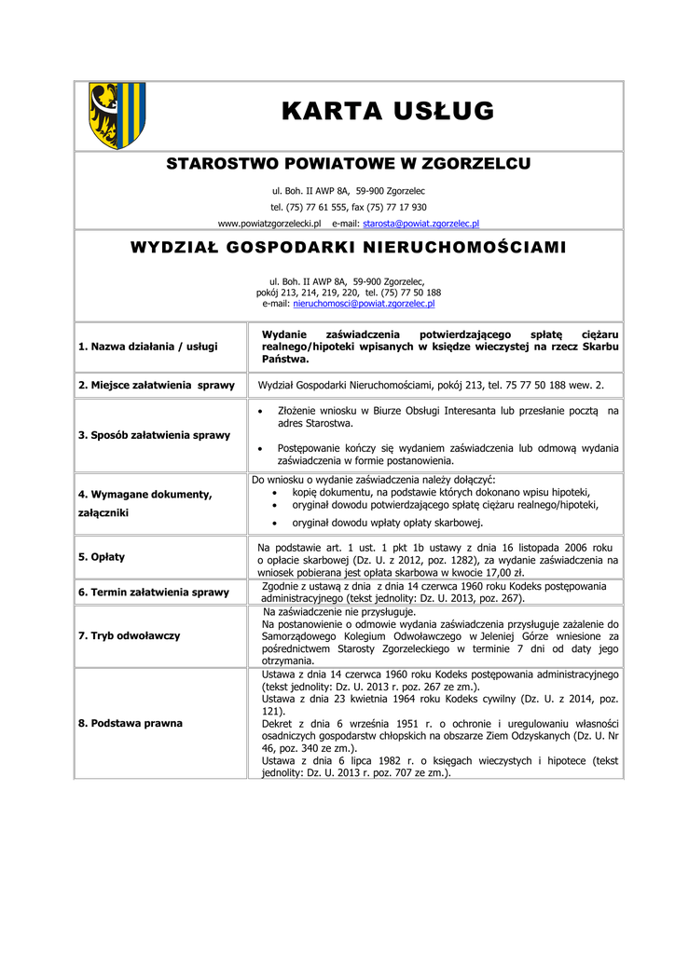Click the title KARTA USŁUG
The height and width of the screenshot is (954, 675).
tap(388, 112)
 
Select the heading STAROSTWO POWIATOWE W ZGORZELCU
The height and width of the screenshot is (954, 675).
tap(349, 165)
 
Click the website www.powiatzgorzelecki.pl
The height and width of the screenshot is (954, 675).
tap(269, 224)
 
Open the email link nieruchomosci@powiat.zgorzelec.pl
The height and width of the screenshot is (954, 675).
tap(364, 304)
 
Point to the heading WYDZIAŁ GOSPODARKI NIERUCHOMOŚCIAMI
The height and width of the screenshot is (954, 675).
tap(349, 249)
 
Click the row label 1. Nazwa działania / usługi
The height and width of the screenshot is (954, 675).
tap(148, 347)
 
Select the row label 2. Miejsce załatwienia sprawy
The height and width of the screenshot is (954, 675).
tap(156, 385)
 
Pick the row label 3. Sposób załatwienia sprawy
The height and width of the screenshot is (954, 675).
tap(154, 435)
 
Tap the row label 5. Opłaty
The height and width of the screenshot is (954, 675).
tap(102, 557)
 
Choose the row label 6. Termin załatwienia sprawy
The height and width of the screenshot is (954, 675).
tap(154, 592)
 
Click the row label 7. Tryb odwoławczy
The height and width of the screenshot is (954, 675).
tap(130, 635)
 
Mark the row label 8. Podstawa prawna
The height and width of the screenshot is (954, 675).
tap(131, 723)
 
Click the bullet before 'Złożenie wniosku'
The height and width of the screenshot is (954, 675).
tap(258, 411)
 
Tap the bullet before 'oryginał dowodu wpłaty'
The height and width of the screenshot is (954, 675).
tap(272, 523)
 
